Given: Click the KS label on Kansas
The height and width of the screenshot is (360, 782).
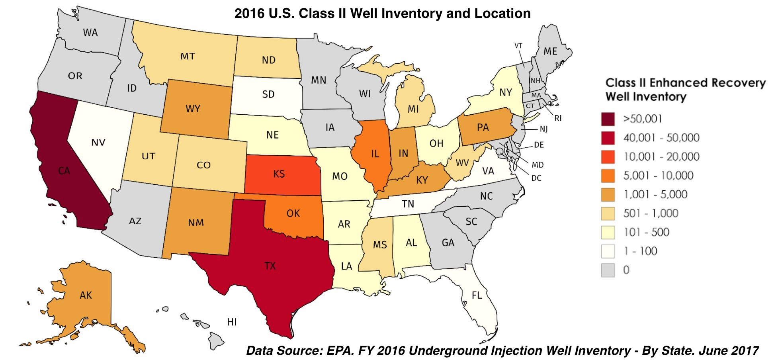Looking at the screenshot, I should coord(279,174).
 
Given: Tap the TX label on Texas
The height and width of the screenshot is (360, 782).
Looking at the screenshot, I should coord(270,266).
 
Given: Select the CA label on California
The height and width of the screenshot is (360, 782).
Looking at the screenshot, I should coord(64,171).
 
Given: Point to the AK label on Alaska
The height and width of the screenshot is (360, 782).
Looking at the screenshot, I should coord(86,295).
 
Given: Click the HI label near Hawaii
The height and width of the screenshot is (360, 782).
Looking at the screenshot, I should coord(232,322).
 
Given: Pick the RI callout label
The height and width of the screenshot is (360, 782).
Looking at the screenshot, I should coord(558,118).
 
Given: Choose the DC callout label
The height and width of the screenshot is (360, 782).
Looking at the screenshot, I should coord(536,178).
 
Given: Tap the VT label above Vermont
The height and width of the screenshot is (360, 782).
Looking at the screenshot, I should coord(518,46).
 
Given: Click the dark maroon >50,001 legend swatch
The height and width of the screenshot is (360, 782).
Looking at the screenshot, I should coord(608,119).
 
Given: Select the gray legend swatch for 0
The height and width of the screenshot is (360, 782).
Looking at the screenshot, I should coord(608,270).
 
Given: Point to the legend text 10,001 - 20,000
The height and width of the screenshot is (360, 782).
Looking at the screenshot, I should coord(661,157).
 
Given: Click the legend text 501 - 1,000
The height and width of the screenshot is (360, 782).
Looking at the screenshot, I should coord(651,213).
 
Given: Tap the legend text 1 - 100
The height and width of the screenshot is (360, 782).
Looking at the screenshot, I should coord(640,251).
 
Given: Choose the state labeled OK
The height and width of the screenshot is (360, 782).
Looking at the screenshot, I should coord(293,213).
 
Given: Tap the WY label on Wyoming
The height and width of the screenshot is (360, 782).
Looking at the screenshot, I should coord(193,109).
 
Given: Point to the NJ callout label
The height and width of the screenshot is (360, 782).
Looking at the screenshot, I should coord(543,129).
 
